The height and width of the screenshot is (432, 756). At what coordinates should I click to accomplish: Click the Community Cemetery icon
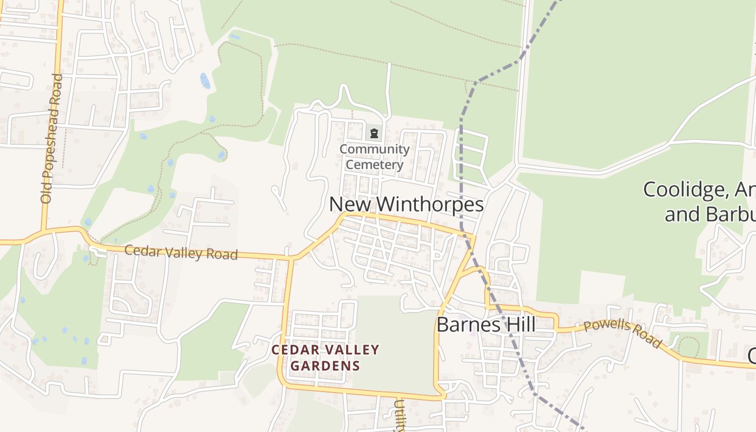[x=374, y=133]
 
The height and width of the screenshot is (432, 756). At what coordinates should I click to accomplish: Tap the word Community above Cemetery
[x=374, y=149]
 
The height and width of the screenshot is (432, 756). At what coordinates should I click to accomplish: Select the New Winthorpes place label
[x=406, y=205]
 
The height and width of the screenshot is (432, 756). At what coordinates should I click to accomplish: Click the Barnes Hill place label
[x=486, y=325]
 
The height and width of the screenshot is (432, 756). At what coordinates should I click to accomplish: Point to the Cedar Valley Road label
[x=181, y=252]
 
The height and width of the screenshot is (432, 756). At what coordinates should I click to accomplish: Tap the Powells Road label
[x=622, y=333]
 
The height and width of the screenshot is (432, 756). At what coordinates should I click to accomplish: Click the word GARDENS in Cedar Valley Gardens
[x=326, y=366]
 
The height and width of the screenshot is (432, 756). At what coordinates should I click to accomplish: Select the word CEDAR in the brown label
[x=293, y=350]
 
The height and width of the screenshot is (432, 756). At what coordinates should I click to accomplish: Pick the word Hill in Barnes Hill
[x=519, y=325]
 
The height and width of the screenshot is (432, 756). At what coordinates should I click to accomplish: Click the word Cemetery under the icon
[x=374, y=164]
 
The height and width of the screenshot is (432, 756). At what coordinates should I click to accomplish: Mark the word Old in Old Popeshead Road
[x=46, y=194]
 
